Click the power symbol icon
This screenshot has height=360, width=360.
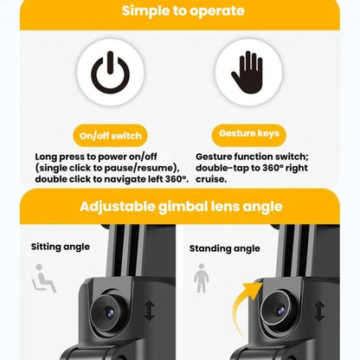click(110, 72)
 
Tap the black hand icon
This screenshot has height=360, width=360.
click(247, 73)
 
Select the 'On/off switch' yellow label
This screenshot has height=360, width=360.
click(110, 136)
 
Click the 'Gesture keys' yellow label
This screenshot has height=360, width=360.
click(249, 133)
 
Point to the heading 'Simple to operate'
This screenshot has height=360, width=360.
click(183, 11)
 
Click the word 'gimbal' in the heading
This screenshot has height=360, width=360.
click(183, 207)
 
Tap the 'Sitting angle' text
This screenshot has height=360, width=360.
click(61, 247)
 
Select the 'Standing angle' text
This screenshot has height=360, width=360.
click(225, 248)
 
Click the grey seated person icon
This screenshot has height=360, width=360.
click(43, 278)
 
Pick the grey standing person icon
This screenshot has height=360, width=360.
click(202, 278)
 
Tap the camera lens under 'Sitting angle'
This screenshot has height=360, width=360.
click(110, 312)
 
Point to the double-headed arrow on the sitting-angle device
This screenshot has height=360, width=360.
click(150, 311)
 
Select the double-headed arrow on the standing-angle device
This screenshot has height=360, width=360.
click(319, 311)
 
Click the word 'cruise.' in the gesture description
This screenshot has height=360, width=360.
click(211, 179)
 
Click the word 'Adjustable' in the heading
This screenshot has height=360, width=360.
click(118, 207)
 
